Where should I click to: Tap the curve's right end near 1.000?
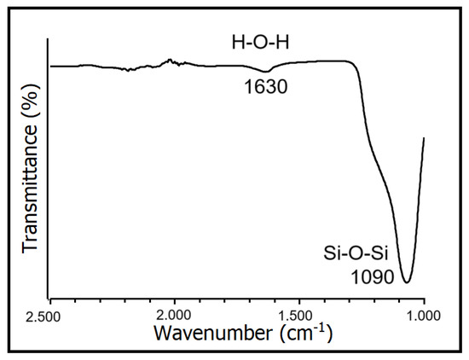tap(423, 137)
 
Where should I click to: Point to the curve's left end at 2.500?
tap(51, 66)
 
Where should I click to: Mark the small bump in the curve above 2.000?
tap(170, 61)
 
